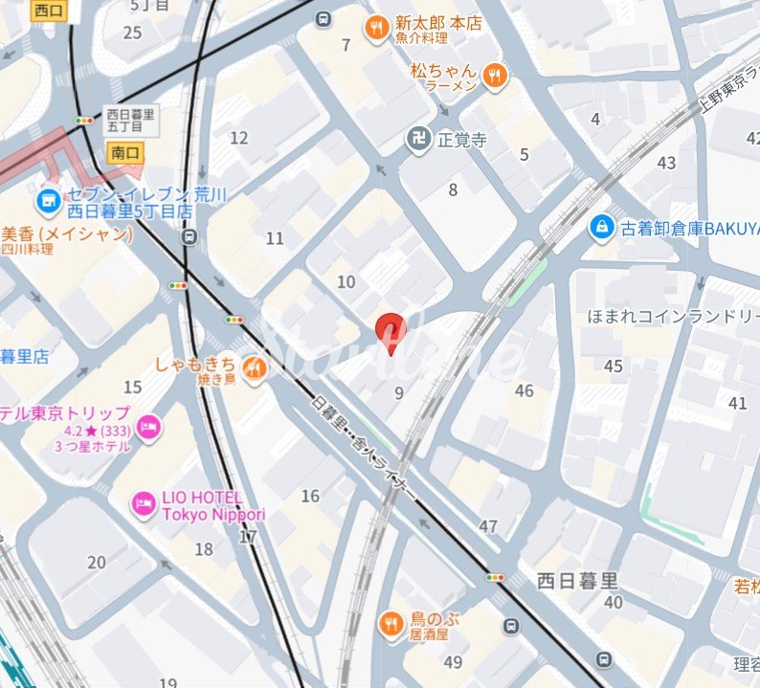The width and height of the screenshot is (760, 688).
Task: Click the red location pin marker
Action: (390, 330)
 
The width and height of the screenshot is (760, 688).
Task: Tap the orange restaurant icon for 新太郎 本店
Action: (376, 30)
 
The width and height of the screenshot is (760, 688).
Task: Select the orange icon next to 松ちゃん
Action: (494, 76)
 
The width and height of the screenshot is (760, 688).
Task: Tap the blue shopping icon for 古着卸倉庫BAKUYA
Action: (601, 228)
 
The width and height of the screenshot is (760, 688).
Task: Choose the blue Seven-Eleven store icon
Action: (46, 201)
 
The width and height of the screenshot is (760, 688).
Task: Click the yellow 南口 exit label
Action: (125, 152)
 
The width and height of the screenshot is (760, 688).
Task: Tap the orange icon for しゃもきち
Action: (254, 366)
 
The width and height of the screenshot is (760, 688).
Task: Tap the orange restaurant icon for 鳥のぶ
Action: (391, 625)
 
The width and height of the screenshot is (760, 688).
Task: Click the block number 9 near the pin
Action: (398, 391)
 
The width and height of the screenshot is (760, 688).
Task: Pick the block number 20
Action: (97, 562)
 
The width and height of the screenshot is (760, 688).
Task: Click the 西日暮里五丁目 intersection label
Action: (130, 119)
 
